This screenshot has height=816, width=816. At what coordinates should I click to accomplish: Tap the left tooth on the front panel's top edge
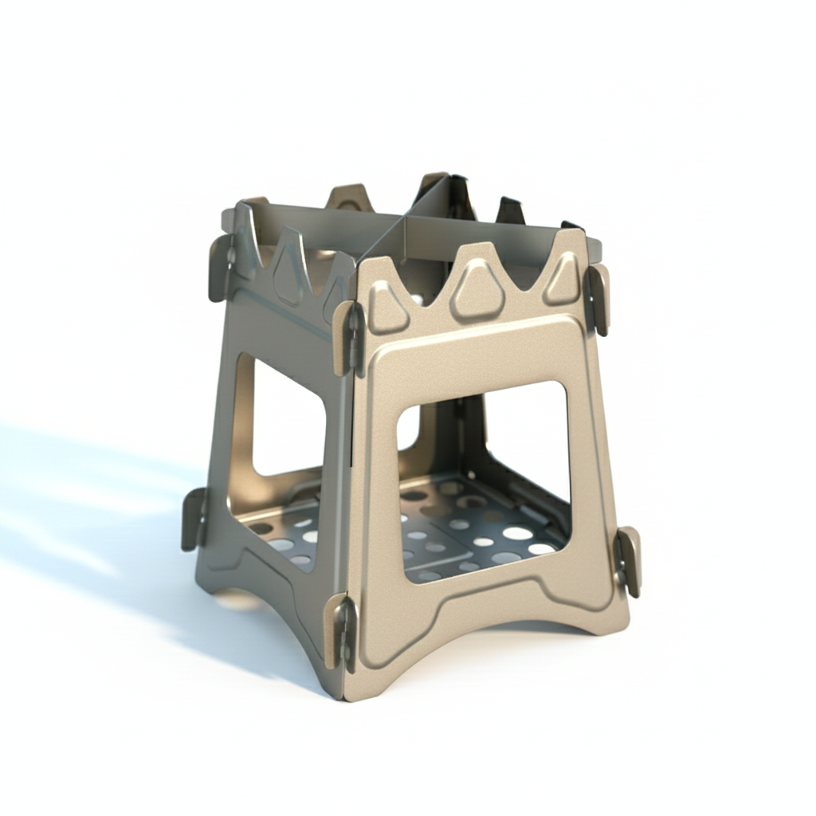pos(388,307)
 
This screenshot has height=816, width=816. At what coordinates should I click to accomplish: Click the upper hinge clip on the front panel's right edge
pos(597,299)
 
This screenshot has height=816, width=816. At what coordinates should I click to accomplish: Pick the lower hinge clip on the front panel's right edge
pos(627,560)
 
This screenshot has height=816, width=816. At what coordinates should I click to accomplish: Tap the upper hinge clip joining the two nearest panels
pos(349,338)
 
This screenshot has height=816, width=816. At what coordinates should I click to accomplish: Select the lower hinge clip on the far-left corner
pos(194,520)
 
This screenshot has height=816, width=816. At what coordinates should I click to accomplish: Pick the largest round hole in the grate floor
pos(517,532)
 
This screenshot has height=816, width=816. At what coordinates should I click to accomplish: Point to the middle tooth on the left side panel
pos(290,263)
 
